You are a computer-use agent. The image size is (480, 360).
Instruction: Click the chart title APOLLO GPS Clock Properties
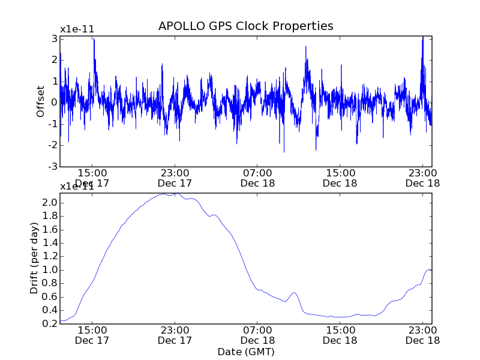[245, 26]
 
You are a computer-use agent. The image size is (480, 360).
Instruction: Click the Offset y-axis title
[41, 101]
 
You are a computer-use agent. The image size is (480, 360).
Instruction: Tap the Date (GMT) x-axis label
[245, 352]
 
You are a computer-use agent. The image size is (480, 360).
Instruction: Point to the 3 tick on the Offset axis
[54, 38]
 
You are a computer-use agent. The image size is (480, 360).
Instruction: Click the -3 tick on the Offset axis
[53, 166]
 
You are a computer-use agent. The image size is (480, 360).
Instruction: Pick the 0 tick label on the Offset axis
[54, 103]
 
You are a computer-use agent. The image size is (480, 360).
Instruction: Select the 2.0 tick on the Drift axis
[50, 203]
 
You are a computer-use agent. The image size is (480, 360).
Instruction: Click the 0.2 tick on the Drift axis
[50, 323]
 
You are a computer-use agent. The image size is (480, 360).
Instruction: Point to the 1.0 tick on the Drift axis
[50, 270]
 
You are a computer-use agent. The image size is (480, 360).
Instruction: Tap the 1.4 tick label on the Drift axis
[50, 243]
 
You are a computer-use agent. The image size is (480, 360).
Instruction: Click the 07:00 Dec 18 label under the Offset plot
[257, 177]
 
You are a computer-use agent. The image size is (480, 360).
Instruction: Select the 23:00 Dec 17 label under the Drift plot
[175, 335]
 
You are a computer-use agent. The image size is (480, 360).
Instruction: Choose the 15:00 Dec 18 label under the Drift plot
[340, 335]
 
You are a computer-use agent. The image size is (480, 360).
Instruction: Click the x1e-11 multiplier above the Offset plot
[77, 29]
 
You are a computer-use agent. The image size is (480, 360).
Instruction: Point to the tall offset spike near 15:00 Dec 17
[94, 40]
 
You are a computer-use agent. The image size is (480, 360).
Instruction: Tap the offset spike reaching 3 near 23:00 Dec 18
[422, 38]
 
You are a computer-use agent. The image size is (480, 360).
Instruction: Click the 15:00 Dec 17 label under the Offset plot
[92, 177]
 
